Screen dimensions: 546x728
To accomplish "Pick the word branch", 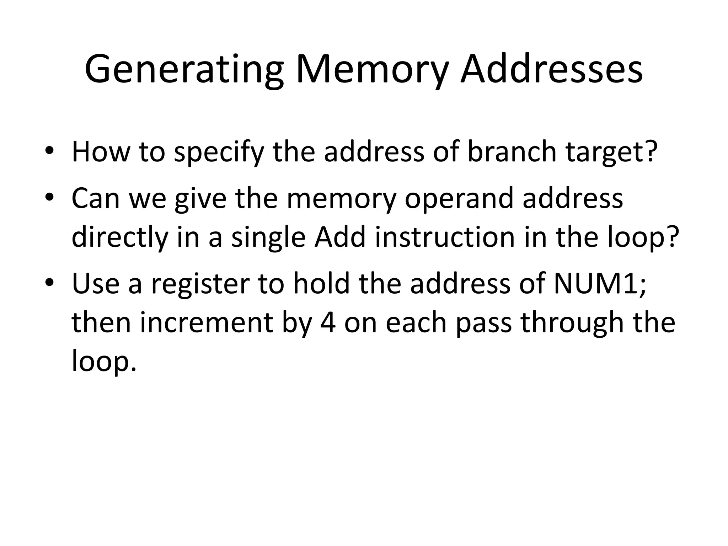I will tap(512, 152).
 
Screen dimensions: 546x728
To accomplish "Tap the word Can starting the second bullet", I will tap(95, 198).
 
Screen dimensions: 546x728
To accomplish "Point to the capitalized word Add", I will tap(340, 237).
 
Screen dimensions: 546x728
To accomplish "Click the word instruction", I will tap(445, 237).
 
